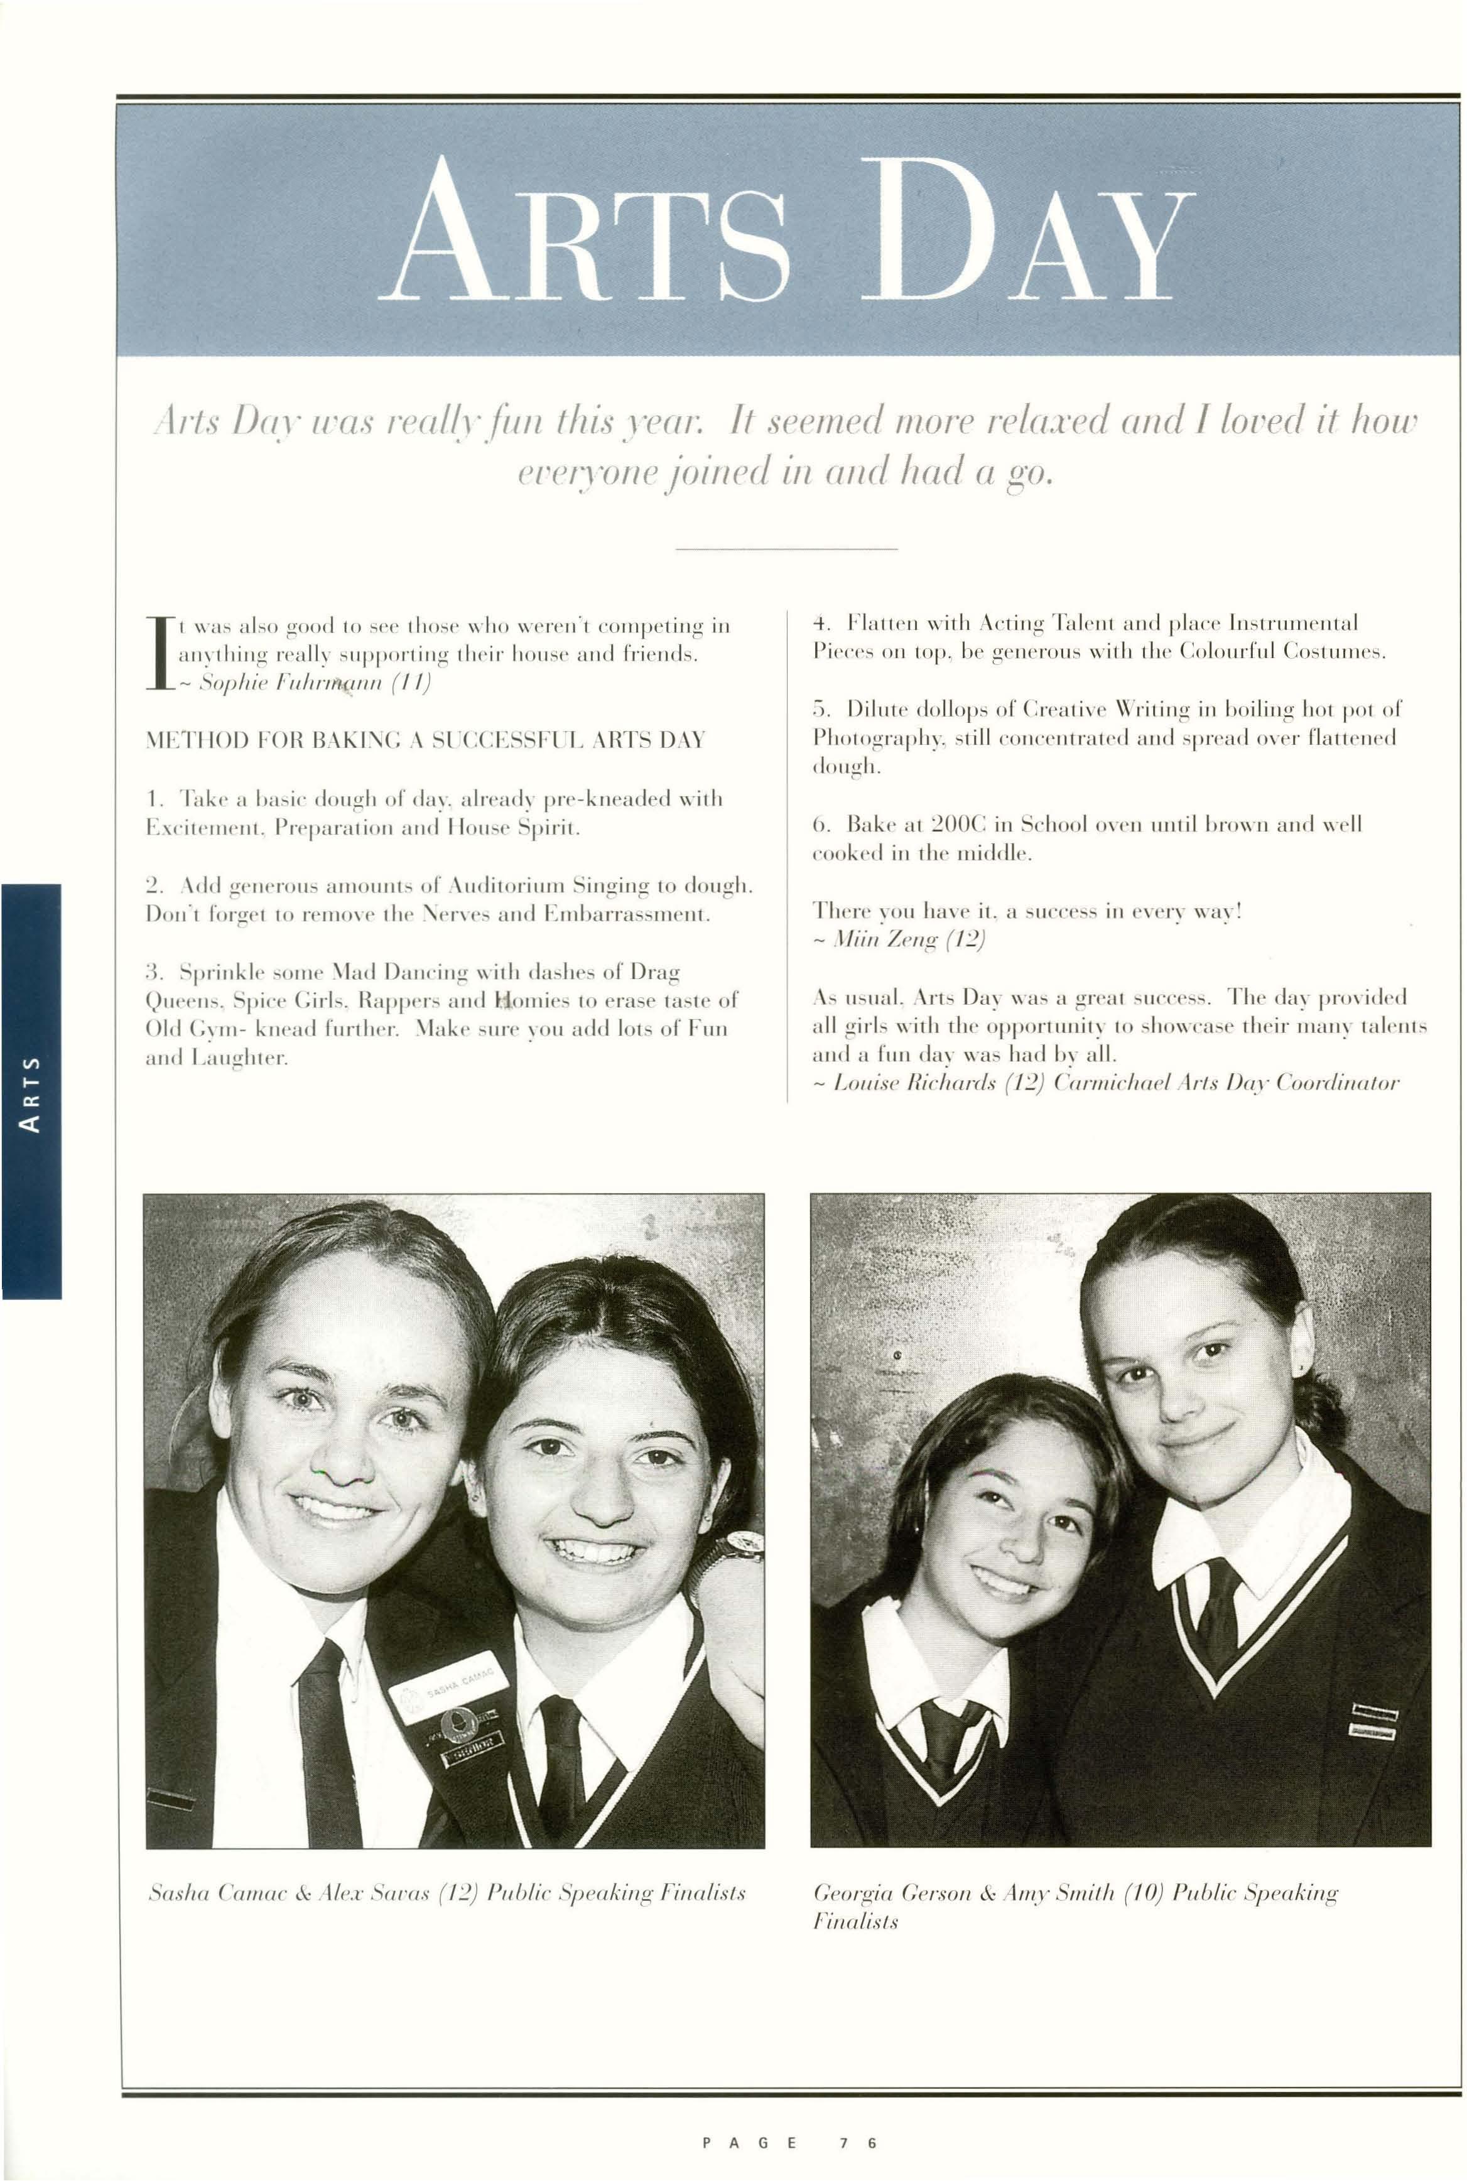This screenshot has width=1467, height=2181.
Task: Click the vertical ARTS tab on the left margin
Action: pos(31,1092)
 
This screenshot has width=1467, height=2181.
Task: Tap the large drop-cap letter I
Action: pos(159,653)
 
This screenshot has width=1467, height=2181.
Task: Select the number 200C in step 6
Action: pos(959,825)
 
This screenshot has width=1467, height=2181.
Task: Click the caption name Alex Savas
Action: pos(372,1893)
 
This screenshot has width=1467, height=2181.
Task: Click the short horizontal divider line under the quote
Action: pos(786,548)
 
